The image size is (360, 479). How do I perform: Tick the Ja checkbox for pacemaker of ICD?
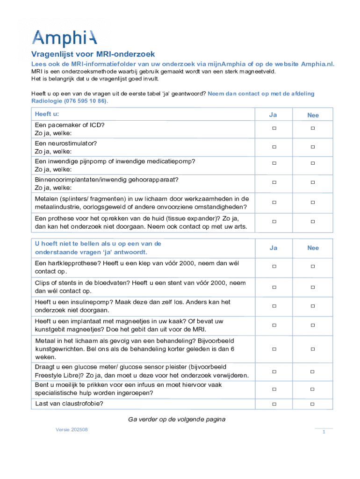click(x=274, y=128)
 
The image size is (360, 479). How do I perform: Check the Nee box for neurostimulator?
click(x=313, y=147)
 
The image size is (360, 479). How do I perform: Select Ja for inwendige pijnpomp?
click(x=274, y=163)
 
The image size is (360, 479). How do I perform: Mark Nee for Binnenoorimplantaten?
click(x=313, y=182)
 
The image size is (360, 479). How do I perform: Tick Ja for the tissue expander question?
click(x=274, y=221)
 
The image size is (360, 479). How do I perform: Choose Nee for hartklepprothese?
click(x=313, y=266)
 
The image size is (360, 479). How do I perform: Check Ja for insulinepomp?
click(x=274, y=305)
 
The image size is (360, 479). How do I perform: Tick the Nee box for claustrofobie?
click(x=313, y=404)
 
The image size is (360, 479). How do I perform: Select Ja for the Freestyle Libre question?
click(x=274, y=371)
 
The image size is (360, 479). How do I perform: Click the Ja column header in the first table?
click(x=273, y=115)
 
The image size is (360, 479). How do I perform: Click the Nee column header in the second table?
click(x=313, y=248)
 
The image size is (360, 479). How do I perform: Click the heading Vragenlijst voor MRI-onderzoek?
click(x=93, y=54)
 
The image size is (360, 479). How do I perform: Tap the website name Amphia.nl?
click(x=317, y=64)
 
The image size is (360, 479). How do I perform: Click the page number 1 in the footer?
click(x=324, y=432)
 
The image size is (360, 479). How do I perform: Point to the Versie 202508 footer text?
click(x=72, y=429)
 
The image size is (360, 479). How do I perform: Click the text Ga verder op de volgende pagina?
click(x=177, y=419)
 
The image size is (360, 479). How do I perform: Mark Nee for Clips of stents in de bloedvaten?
click(x=313, y=286)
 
